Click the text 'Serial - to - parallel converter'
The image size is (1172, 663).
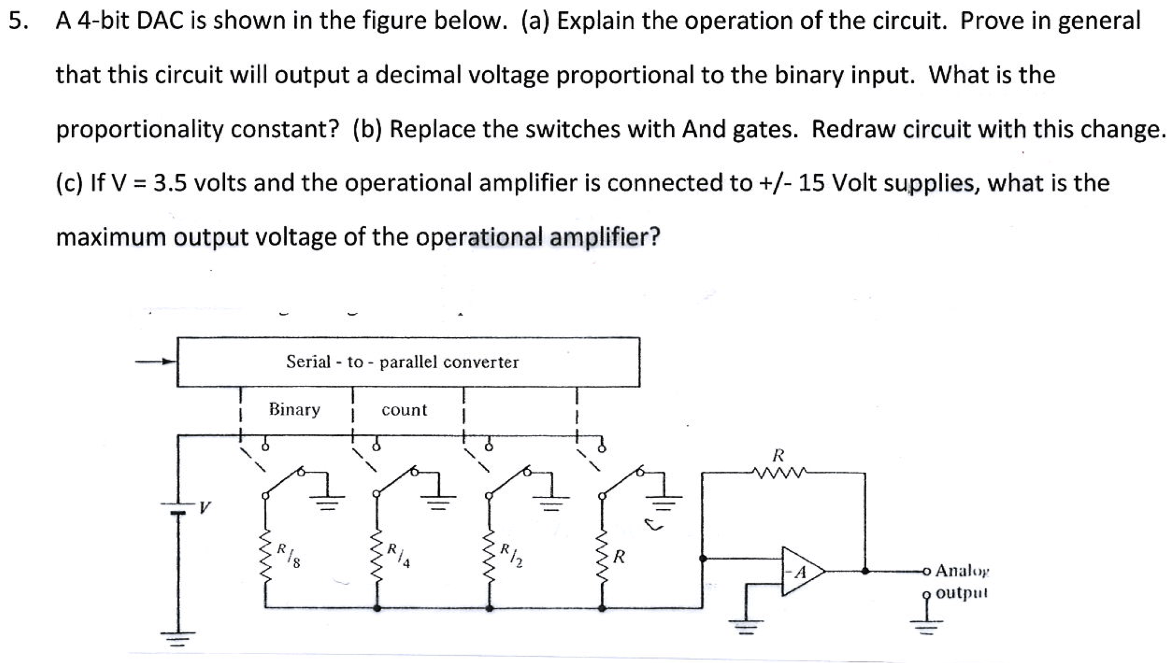click(x=402, y=362)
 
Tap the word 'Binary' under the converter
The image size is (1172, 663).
click(x=295, y=409)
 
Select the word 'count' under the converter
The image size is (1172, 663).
click(x=404, y=410)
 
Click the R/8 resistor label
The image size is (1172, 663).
click(x=289, y=555)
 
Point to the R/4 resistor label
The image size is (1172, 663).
click(x=399, y=555)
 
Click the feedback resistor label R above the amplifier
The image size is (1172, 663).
click(x=778, y=456)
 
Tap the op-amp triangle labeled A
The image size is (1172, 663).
click(x=801, y=572)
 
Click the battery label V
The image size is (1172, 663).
click(x=205, y=507)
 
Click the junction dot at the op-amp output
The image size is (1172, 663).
click(x=865, y=571)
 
